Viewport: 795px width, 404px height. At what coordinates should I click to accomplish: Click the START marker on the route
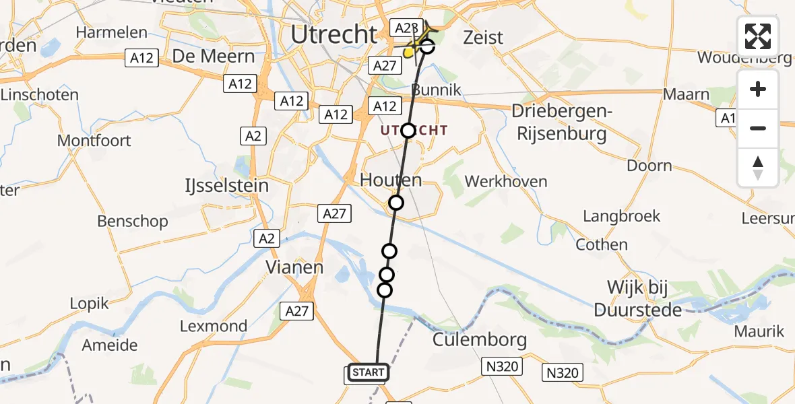pyautogui.click(x=368, y=372)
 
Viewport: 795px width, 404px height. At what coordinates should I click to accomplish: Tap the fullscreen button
pyautogui.click(x=758, y=36)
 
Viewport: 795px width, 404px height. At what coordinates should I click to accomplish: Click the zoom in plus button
pyautogui.click(x=758, y=89)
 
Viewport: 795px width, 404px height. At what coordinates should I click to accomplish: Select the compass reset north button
pyautogui.click(x=758, y=168)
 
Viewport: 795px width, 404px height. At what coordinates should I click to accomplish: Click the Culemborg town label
pyautogui.click(x=479, y=339)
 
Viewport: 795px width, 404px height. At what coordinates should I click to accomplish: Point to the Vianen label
pyautogui.click(x=294, y=267)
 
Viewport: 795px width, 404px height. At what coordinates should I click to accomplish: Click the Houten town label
pyautogui.click(x=391, y=180)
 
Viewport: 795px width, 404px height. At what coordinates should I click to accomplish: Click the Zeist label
pyautogui.click(x=483, y=38)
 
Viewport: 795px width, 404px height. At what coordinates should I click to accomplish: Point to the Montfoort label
pyautogui.click(x=94, y=141)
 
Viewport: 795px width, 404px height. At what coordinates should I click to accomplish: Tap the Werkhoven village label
pyautogui.click(x=506, y=182)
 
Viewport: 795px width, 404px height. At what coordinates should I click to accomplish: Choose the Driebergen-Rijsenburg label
pyautogui.click(x=561, y=123)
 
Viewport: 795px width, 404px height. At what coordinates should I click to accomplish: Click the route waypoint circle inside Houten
pyautogui.click(x=396, y=203)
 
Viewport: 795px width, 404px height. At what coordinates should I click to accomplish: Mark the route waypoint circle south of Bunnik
pyautogui.click(x=408, y=131)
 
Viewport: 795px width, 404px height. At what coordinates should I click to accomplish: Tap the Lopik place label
pyautogui.click(x=90, y=304)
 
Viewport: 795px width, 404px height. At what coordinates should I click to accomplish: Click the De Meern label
pyautogui.click(x=214, y=57)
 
